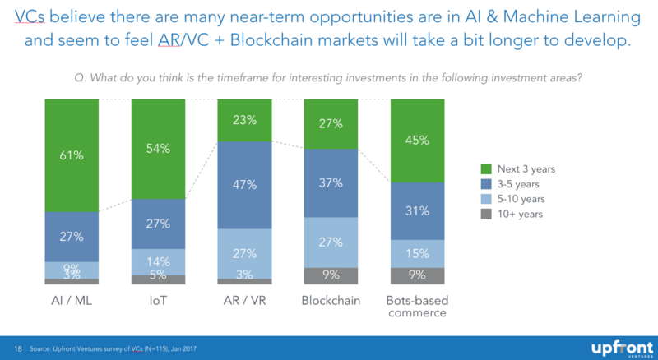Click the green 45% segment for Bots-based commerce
pyautogui.click(x=418, y=140)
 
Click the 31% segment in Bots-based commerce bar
pyautogui.click(x=418, y=211)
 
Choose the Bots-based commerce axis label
pyautogui.click(x=418, y=307)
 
